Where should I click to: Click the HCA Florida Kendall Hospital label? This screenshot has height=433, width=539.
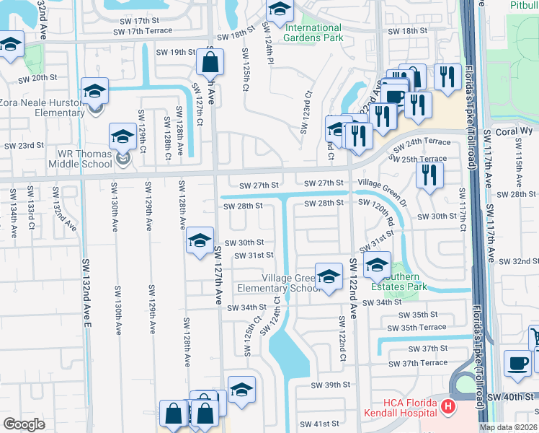(399, 406)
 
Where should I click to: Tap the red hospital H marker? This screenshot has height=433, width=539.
(448, 407)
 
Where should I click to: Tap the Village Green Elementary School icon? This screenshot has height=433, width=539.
(329, 276)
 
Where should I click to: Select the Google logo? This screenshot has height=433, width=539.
(24, 424)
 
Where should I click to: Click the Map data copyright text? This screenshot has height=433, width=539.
(509, 427)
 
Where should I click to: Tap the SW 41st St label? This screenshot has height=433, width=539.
(319, 424)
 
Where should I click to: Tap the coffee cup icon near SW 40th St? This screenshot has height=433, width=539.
(517, 363)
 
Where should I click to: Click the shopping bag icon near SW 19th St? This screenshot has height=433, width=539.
(210, 63)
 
